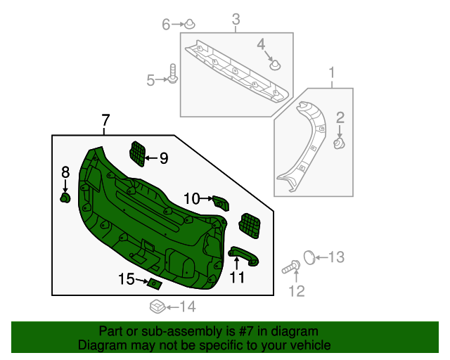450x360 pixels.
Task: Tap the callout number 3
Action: pyautogui.click(x=236, y=19)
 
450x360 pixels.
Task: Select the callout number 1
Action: pyautogui.click(x=332, y=72)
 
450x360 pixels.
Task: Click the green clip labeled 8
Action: pyautogui.click(x=65, y=198)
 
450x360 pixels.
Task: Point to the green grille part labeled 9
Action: pyautogui.click(x=138, y=153)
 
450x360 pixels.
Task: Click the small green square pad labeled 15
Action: pyautogui.click(x=154, y=284)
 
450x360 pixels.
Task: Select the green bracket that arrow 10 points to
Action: pyautogui.click(x=221, y=202)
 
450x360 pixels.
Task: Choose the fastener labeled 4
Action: pyautogui.click(x=275, y=65)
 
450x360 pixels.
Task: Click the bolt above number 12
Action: pyautogui.click(x=291, y=266)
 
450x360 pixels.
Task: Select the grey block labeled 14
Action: pyautogui.click(x=157, y=306)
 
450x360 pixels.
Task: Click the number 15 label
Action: pyautogui.click(x=126, y=279)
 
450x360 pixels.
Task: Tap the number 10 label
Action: pyautogui.click(x=191, y=199)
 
